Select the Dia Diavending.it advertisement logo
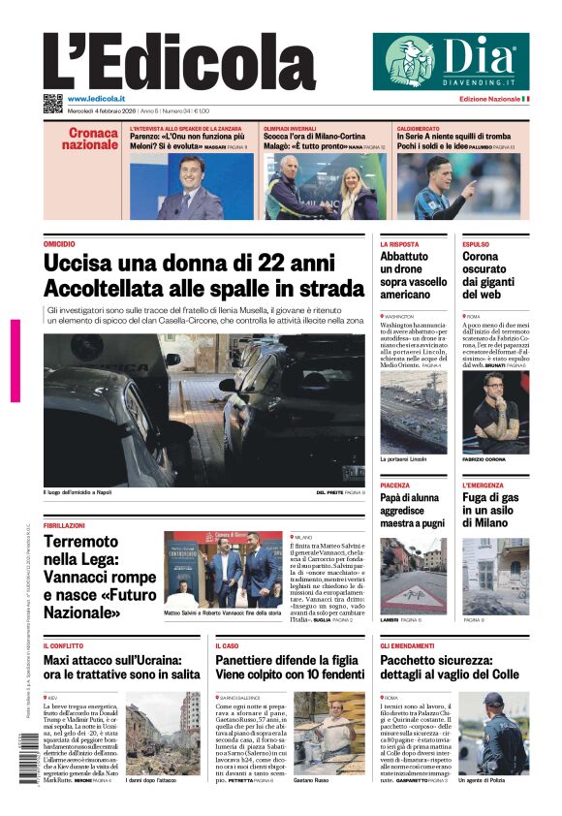click(451, 61)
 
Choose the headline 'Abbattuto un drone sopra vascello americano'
click(413, 275)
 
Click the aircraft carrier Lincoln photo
click(414, 412)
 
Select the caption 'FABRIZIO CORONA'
click(483, 459)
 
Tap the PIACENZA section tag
click(394, 485)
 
